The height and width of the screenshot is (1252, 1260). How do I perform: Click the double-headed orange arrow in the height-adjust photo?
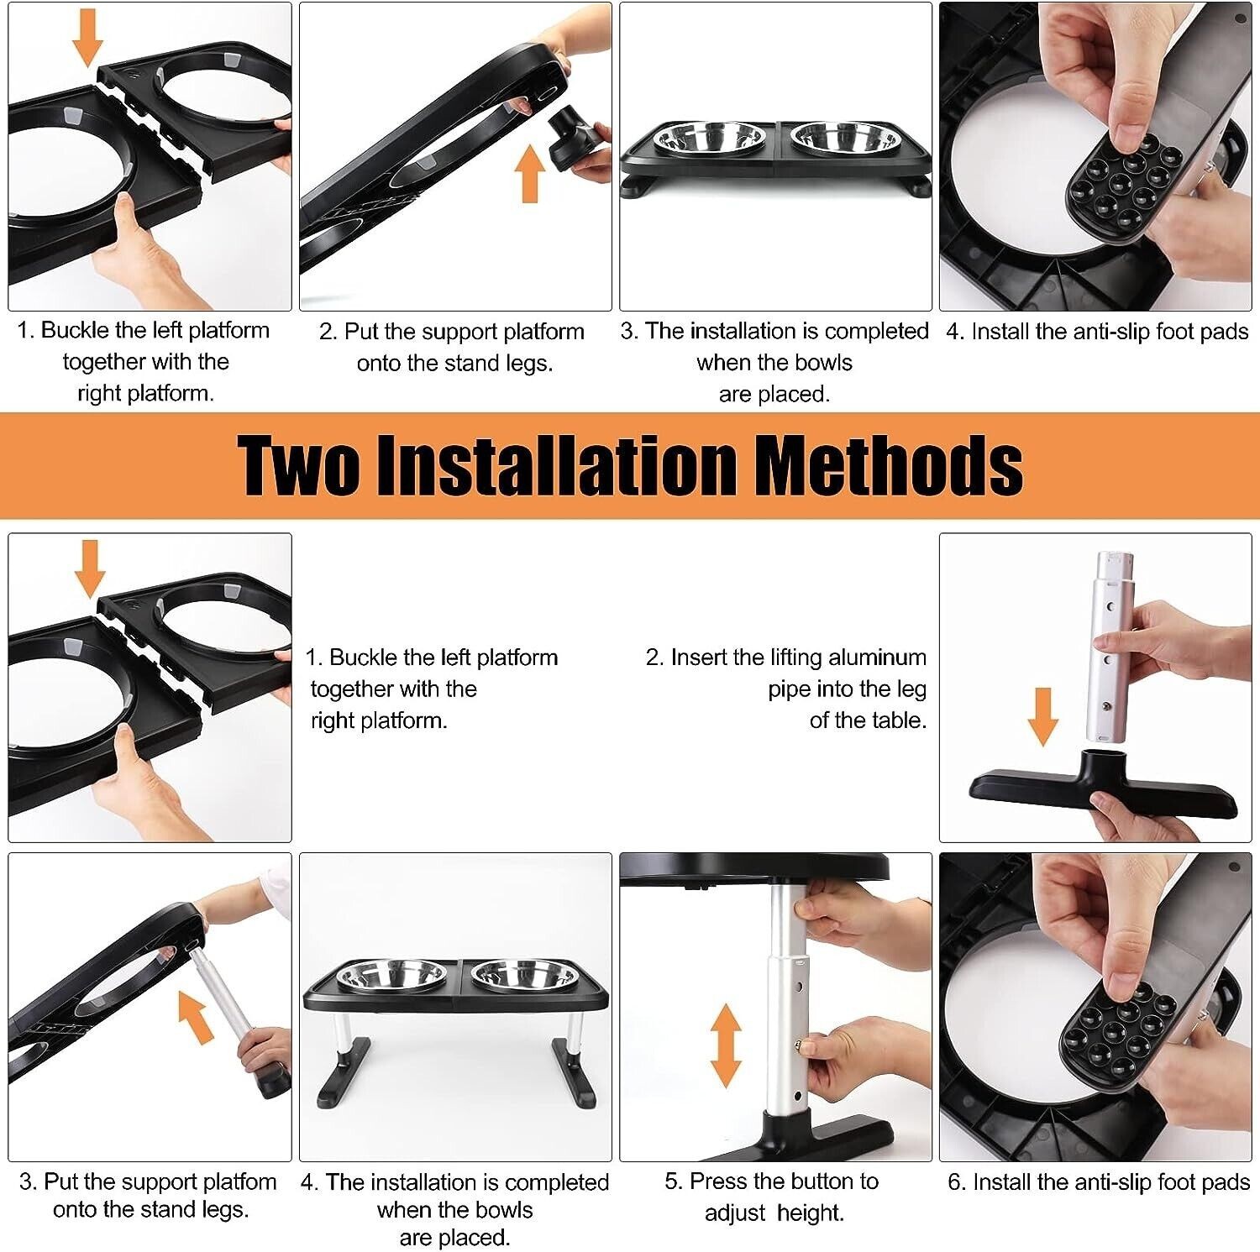(x=726, y=1045)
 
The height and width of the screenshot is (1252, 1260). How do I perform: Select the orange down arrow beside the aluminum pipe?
(x=1042, y=717)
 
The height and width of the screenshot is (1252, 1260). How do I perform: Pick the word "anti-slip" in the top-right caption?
(x=1105, y=333)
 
